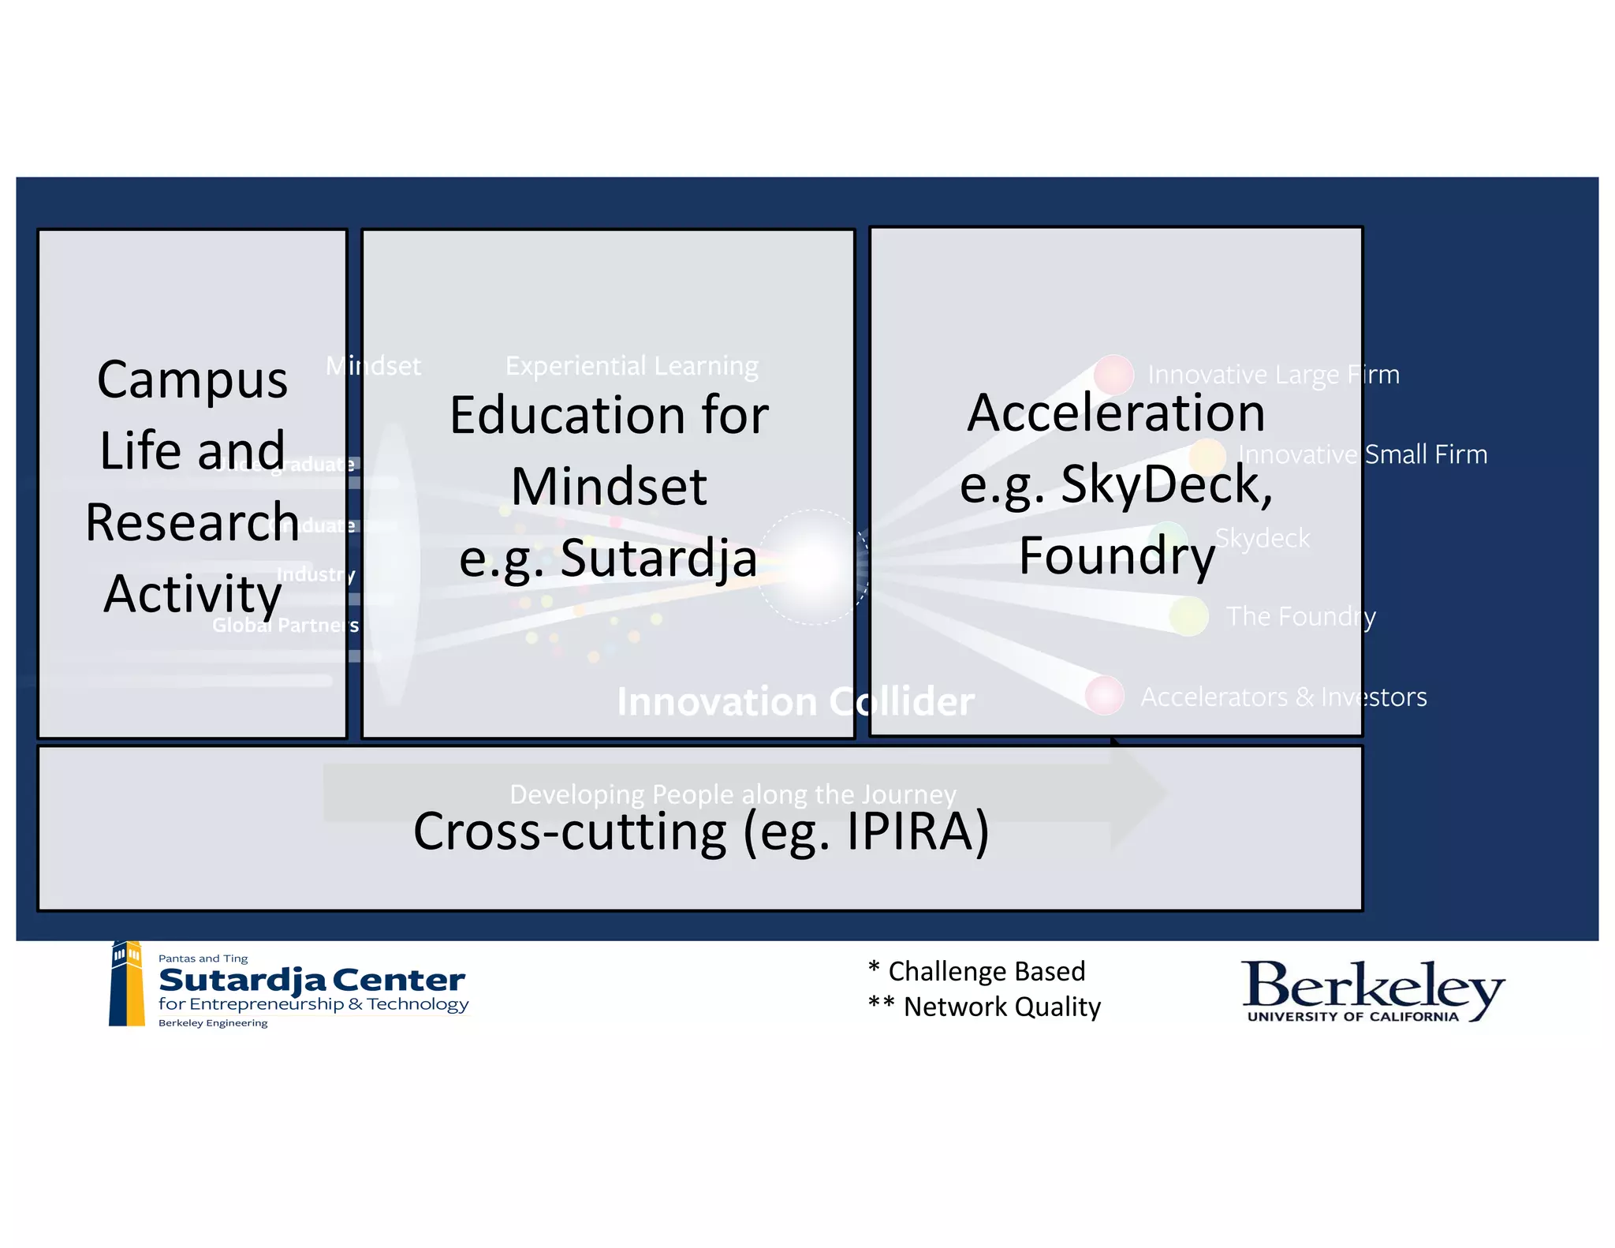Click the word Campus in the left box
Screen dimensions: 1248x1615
(192, 380)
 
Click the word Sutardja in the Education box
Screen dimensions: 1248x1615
(658, 558)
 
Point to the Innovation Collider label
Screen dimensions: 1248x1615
(795, 701)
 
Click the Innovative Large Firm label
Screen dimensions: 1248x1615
(1273, 374)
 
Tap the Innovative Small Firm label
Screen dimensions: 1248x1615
(1362, 454)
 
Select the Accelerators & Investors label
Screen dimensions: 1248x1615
(1283, 697)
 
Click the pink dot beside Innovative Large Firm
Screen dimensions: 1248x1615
(1113, 374)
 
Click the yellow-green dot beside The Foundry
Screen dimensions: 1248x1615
(1188, 616)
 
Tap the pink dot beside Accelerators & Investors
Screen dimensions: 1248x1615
(1104, 695)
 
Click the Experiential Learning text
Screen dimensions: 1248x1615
(632, 366)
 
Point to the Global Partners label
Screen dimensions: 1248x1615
(285, 626)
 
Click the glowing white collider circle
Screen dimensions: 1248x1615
(812, 566)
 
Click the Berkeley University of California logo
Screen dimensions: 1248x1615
(1372, 991)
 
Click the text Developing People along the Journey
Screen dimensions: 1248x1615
(733, 794)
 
